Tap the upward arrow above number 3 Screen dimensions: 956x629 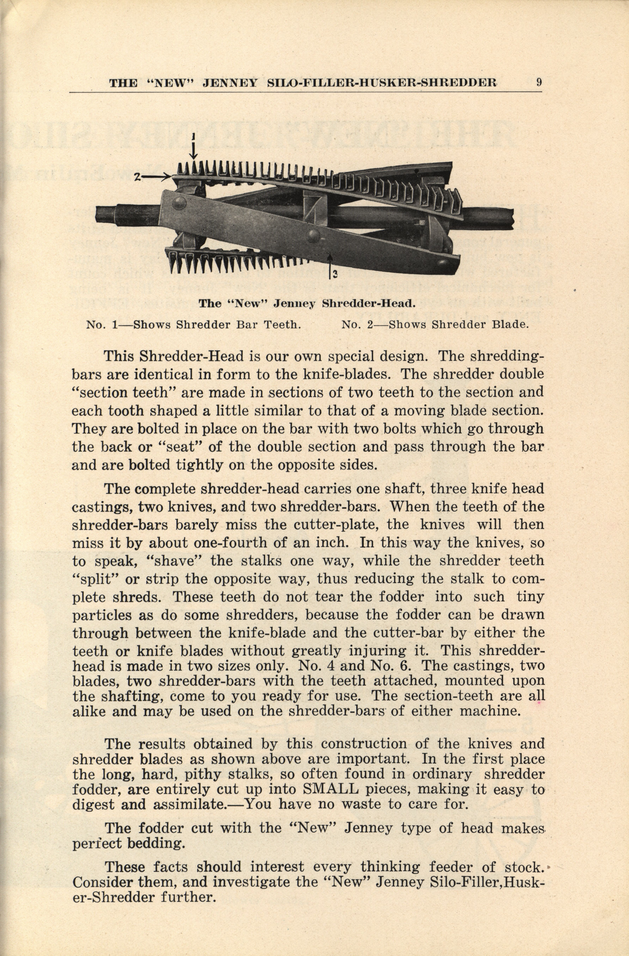pos(330,261)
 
